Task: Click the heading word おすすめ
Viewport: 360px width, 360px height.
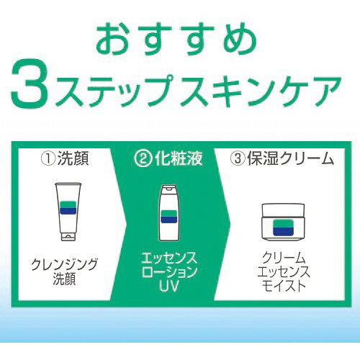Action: [180, 37]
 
